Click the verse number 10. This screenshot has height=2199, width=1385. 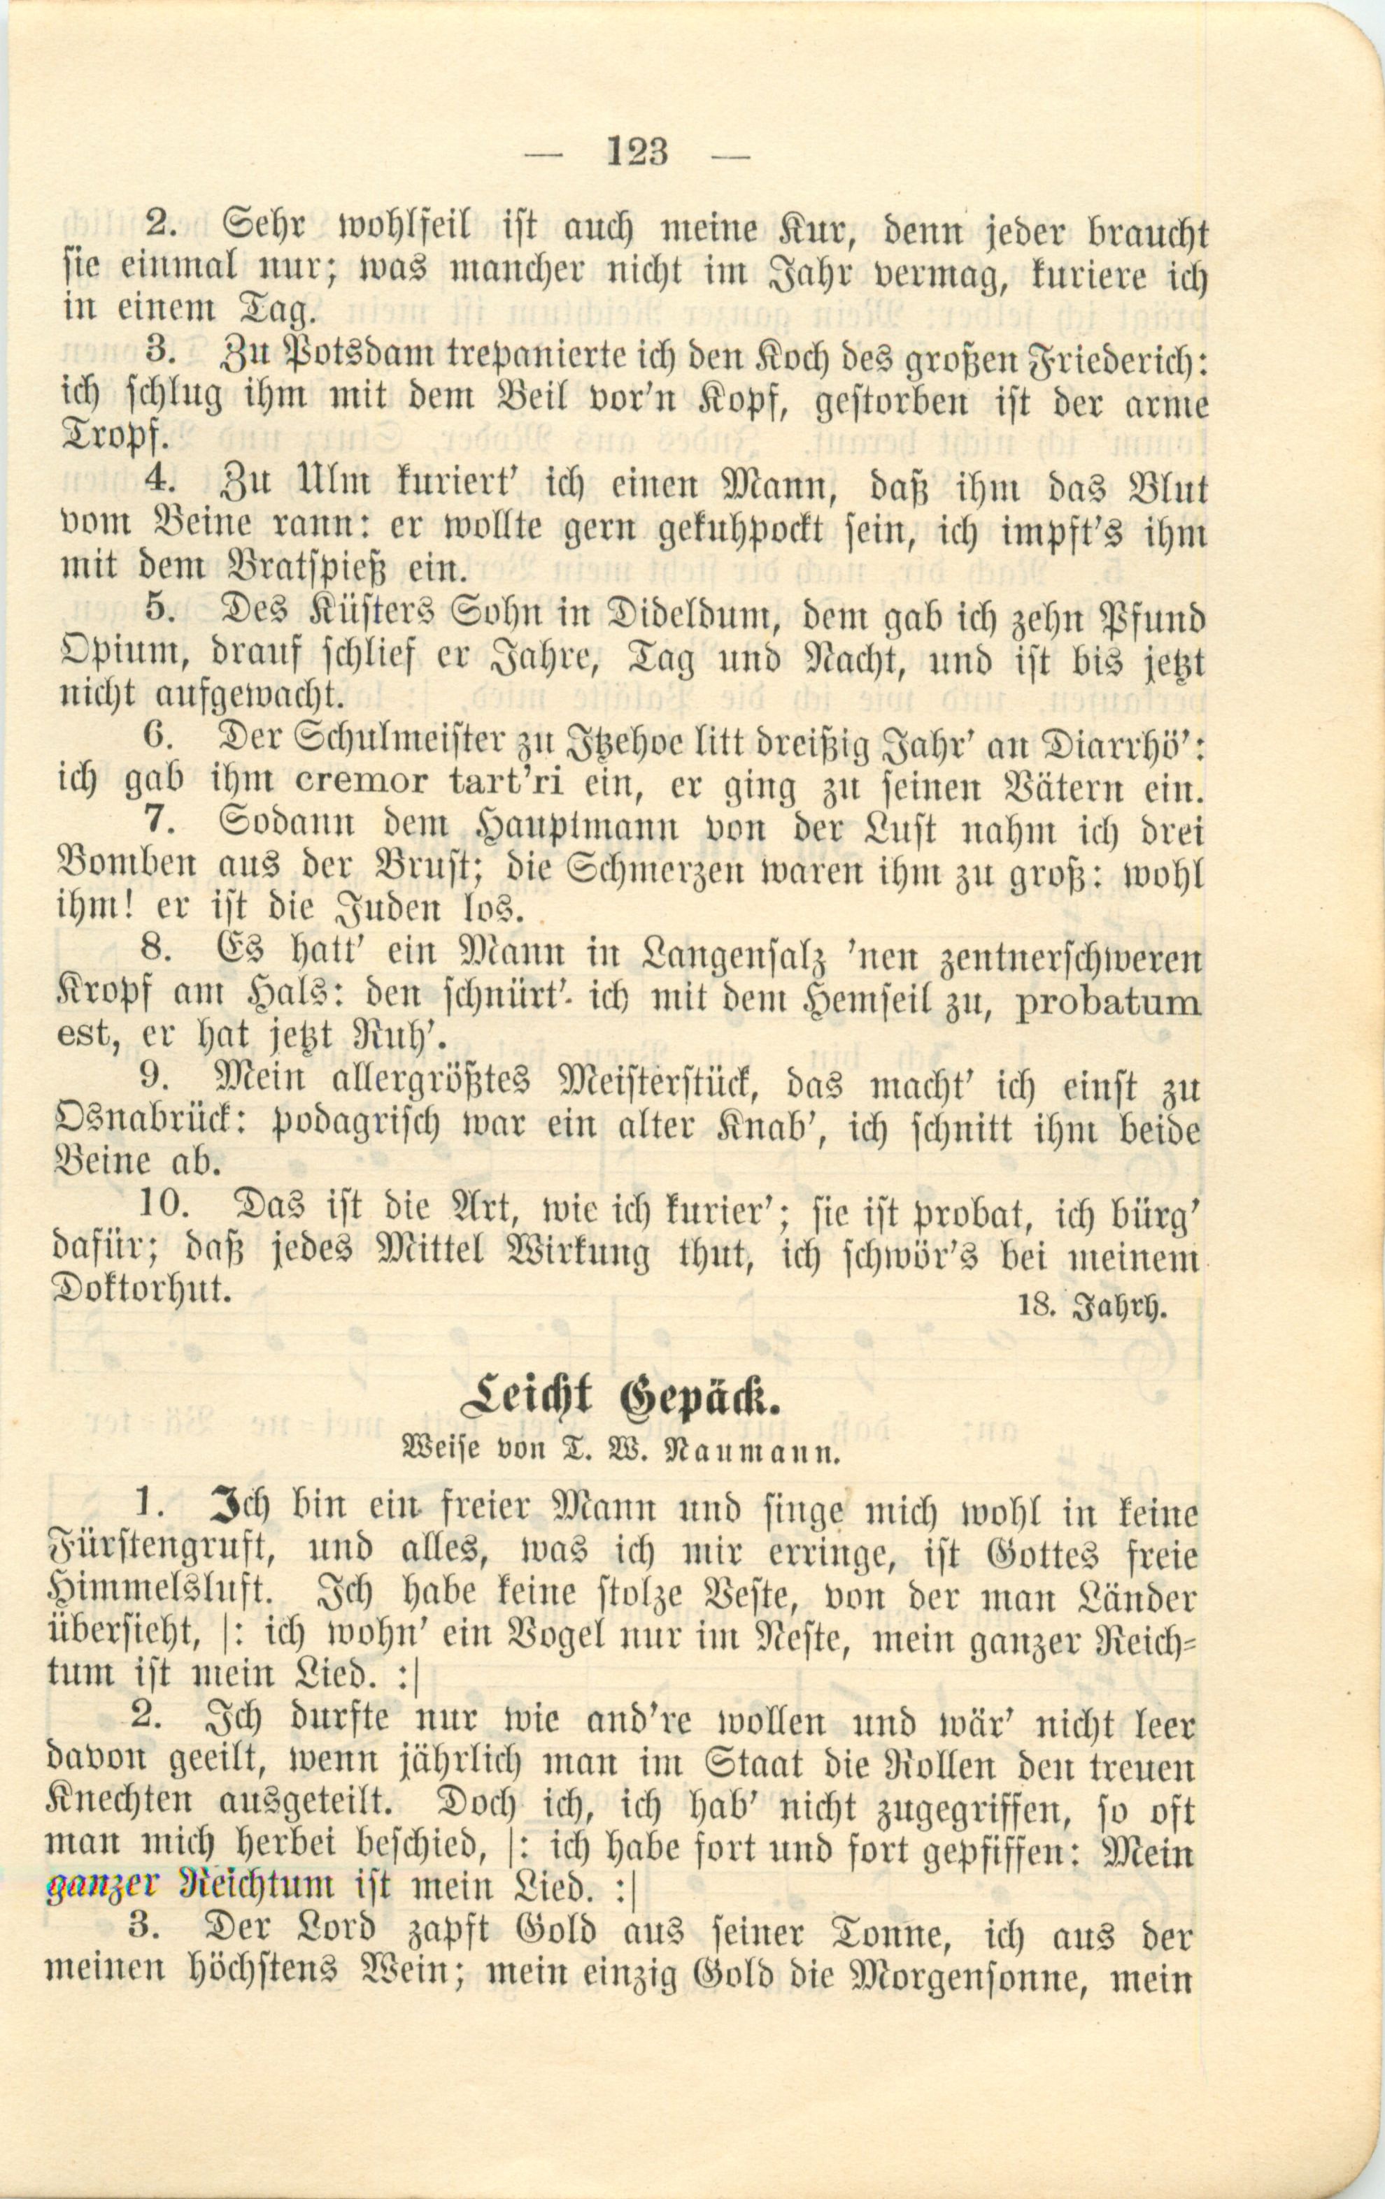pyautogui.click(x=164, y=1206)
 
